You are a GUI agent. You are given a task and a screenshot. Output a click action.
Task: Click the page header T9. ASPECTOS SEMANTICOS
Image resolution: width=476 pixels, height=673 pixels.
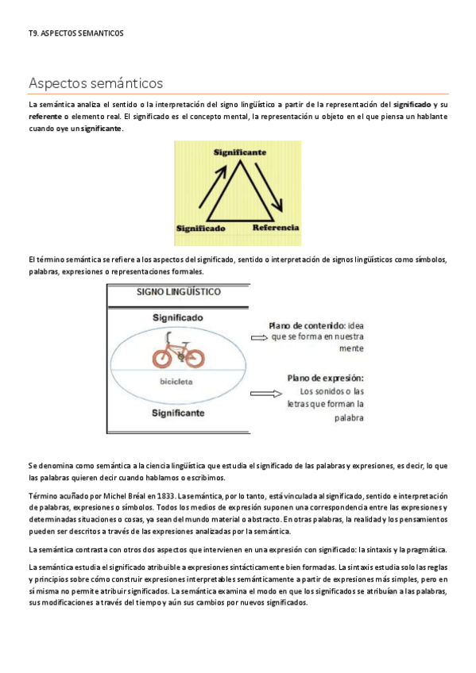click(75, 33)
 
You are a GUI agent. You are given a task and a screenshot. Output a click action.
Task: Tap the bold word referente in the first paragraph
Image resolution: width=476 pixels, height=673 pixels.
click(45, 117)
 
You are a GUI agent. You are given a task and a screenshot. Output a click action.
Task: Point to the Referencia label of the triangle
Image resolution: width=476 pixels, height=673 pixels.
click(275, 228)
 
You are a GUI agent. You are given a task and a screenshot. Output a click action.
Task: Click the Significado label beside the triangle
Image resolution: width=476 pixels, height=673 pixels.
click(201, 229)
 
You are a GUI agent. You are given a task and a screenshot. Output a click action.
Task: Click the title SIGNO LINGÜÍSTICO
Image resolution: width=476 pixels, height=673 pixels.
click(179, 291)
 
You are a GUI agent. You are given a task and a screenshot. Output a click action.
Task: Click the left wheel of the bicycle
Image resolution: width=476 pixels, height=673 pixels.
click(163, 357)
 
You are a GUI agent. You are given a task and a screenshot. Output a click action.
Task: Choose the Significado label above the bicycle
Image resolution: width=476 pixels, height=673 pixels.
click(177, 317)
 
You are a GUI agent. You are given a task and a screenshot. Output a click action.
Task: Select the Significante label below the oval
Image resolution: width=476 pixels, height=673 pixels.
click(178, 413)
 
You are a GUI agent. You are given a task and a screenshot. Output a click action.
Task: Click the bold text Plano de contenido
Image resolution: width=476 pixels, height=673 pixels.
click(305, 325)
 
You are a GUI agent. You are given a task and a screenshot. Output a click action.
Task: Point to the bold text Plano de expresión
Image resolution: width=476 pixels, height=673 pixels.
click(325, 379)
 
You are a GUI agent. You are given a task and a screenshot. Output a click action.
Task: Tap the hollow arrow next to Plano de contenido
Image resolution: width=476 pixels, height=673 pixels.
click(260, 336)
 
